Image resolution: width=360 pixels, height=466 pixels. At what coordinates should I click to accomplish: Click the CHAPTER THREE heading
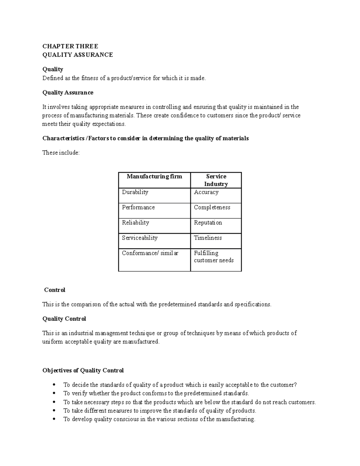click(70, 46)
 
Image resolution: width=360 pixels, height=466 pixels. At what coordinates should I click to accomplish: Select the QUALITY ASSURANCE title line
click(78, 55)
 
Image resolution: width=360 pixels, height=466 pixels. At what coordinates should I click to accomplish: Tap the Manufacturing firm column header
click(154, 176)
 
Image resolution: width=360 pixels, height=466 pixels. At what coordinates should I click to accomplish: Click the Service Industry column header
click(216, 180)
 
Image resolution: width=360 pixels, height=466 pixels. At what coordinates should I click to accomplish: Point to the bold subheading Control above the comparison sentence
click(55, 290)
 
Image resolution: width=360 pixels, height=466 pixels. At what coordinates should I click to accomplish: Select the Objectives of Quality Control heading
click(83, 371)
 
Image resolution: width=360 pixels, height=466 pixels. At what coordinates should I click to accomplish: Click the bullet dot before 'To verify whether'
click(54, 393)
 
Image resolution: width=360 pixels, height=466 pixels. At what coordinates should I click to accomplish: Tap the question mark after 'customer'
click(295, 385)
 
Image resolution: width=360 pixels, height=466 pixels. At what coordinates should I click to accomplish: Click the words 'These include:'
click(61, 153)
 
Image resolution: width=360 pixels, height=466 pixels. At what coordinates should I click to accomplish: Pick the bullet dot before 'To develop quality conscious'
click(54, 419)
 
